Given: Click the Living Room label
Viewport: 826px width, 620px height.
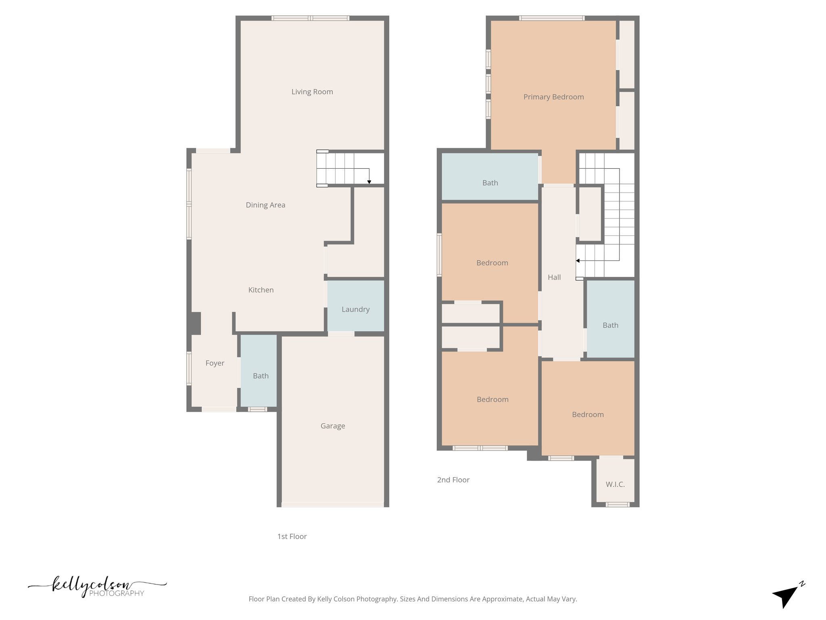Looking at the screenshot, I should (312, 92).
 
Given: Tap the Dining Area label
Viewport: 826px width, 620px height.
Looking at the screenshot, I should (265, 205).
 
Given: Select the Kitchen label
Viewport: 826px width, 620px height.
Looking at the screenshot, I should (261, 290).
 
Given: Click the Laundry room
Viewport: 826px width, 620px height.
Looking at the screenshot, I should (355, 309).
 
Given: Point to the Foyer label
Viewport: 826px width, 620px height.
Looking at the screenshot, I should (215, 363).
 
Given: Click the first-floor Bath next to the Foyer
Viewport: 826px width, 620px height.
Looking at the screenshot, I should (261, 376).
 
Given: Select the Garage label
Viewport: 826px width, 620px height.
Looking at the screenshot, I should (333, 426).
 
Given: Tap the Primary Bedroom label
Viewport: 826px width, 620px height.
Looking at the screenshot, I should (553, 97).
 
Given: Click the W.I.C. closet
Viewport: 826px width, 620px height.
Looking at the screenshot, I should (615, 484).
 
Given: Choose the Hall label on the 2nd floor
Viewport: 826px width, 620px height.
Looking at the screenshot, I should (554, 277).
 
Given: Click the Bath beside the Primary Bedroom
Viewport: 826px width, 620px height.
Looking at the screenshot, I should (490, 183).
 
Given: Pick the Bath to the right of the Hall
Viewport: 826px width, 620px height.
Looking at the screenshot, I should (610, 325).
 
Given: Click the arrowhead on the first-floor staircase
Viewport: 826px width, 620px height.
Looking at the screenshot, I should (369, 182).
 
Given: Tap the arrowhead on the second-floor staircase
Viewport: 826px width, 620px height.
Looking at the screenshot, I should (578, 261).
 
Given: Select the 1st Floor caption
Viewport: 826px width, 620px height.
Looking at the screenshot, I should (292, 536).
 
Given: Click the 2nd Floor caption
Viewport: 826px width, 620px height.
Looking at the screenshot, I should (453, 480).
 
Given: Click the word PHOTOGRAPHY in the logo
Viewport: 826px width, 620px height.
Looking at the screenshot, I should (117, 593).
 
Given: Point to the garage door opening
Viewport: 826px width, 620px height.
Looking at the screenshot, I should (332, 505).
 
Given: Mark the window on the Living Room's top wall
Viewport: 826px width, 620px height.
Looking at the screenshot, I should (310, 18).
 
